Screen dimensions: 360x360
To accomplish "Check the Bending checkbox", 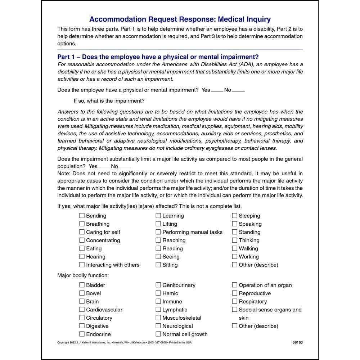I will coord(82,216).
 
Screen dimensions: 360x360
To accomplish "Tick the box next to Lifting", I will coord(158,224).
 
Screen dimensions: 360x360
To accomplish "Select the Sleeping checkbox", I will coord(235,216).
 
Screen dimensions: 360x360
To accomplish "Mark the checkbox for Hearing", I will coord(82,257).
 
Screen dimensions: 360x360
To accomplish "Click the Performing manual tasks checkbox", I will coord(158,232).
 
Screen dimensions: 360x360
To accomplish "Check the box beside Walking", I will coord(235,248).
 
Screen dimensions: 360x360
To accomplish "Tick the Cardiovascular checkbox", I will coord(82,310).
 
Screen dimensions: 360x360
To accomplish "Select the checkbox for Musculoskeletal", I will coord(158,318).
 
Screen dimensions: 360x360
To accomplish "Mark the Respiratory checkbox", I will coord(235,301).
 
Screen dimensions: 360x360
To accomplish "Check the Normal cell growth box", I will coord(158,334).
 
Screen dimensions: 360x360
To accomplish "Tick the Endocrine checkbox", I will coord(82,334).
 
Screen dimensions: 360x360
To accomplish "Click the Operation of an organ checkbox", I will coord(235,285).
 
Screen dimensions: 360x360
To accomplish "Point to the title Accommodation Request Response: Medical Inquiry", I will coord(180,19).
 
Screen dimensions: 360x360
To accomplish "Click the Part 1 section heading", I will coord(158,57).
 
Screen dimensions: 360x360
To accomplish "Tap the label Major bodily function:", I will coord(83,275).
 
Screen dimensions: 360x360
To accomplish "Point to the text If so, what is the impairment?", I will coord(109,101).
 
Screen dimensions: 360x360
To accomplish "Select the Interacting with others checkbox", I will coord(82,265).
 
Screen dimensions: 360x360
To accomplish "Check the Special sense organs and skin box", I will coord(235,310).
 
